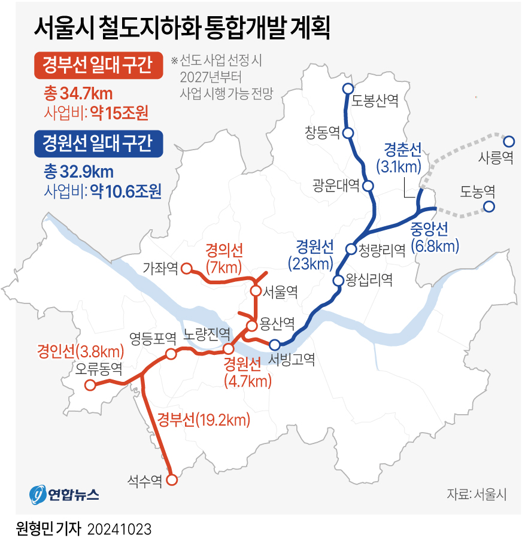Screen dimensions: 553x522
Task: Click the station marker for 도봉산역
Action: [348, 89]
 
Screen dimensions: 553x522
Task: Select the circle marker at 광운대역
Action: [368, 186]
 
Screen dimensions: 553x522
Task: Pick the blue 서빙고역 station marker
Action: [274, 344]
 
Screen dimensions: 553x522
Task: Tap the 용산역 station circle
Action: [252, 326]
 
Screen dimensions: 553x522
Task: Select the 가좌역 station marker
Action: [186, 268]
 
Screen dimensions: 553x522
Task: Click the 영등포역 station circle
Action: [171, 354]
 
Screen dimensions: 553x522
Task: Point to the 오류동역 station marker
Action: [90, 385]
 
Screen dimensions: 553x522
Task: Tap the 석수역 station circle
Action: [172, 479]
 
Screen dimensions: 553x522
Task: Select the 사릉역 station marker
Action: [508, 142]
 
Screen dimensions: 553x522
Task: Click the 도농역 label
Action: [477, 192]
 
